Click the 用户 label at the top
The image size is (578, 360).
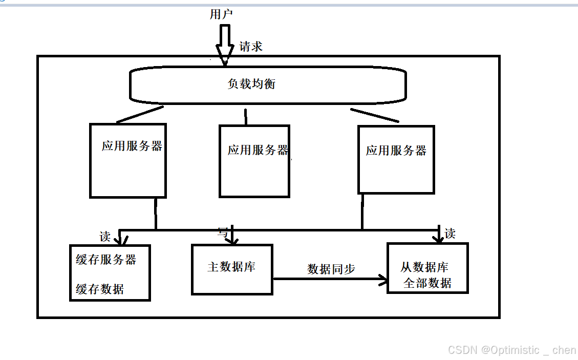coord(221,14)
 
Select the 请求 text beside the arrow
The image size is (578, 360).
coord(251,47)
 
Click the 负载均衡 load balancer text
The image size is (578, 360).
coord(251,83)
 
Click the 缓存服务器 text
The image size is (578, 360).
coord(106,260)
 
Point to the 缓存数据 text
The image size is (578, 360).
coord(100,289)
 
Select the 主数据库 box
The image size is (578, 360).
coord(232,269)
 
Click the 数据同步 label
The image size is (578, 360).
coord(331,269)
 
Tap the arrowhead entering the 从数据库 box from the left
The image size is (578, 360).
coord(382,279)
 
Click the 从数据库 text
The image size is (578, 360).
coord(424,267)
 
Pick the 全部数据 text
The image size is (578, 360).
coord(427,283)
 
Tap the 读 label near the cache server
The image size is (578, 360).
coord(105,237)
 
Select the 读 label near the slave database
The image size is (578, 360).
coord(450,234)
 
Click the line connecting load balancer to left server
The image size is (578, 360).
coord(140,115)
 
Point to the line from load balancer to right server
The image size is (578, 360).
coord(374,115)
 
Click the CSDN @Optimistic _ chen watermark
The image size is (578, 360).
coord(511,350)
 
